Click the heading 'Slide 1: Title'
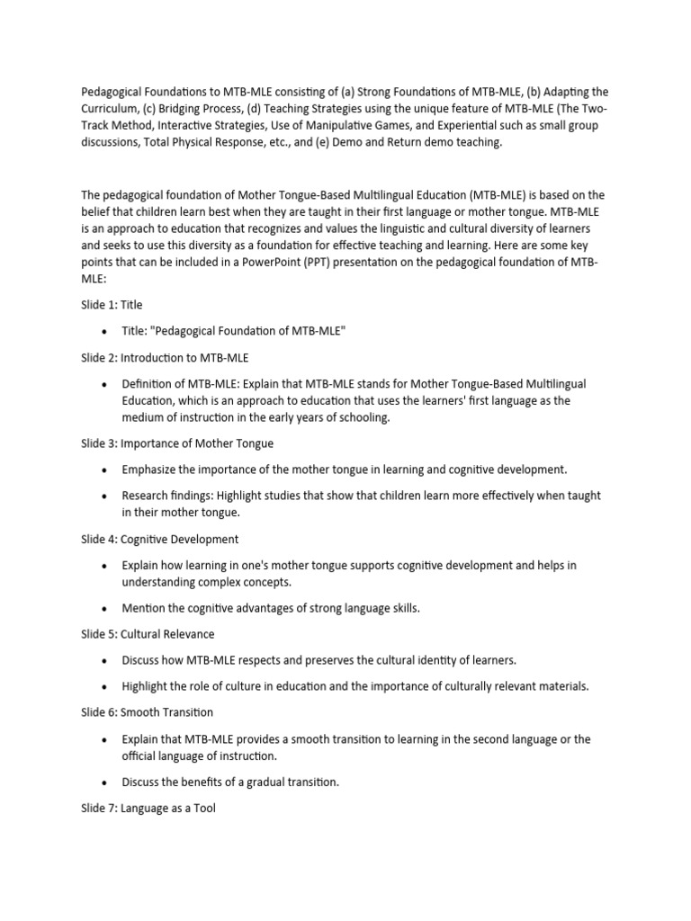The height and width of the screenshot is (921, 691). [112, 305]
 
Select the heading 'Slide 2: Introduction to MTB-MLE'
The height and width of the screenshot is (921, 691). [165, 358]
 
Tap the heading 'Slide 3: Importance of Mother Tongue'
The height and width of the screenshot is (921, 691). [177, 443]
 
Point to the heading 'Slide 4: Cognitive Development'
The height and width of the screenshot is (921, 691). [159, 539]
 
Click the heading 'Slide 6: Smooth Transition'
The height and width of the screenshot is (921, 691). [147, 712]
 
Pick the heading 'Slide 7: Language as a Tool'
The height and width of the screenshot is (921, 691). [148, 809]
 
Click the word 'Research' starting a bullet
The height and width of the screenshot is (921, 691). [146, 496]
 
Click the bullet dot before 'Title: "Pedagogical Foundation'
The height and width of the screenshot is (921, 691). [105, 332]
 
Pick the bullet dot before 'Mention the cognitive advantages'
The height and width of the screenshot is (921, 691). [105, 609]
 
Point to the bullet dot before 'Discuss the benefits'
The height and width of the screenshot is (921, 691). [105, 782]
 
